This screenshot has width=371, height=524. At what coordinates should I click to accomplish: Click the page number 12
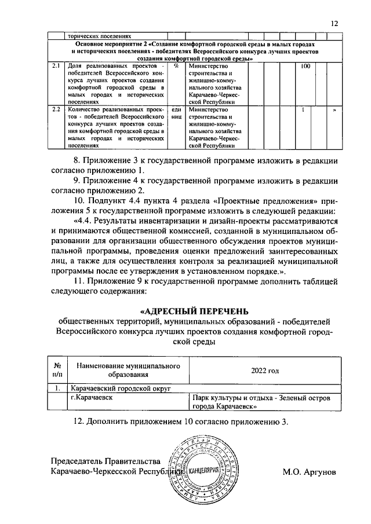point(334,23)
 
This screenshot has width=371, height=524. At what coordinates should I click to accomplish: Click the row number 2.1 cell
point(56,67)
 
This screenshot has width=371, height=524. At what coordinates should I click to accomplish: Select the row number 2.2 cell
point(56,109)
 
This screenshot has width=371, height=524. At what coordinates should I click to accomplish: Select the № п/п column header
point(57,370)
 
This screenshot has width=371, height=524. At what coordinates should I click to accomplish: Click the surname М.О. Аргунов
point(309,472)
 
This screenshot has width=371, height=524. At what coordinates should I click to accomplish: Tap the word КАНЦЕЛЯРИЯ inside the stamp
point(210,471)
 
